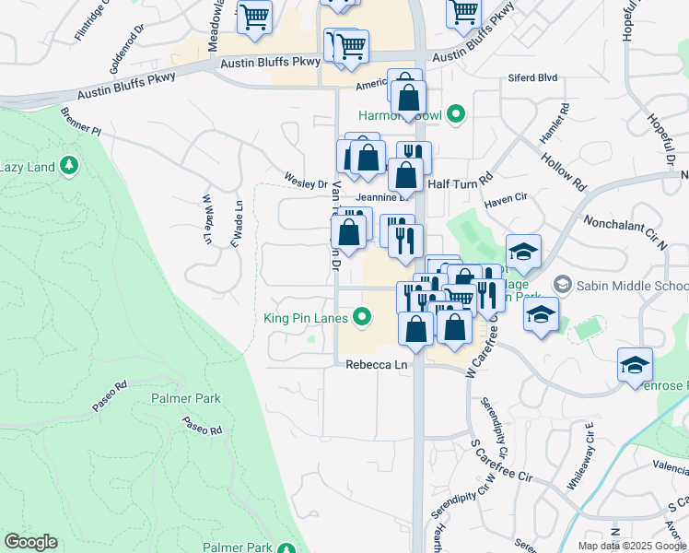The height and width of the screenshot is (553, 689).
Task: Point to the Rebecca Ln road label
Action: [x=376, y=365]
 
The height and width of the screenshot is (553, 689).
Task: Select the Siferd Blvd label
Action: [x=532, y=79]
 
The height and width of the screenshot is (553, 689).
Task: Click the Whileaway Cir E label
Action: [x=582, y=455]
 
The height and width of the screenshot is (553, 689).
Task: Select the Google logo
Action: [x=30, y=542]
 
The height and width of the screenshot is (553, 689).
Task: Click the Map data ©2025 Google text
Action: [x=632, y=546]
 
